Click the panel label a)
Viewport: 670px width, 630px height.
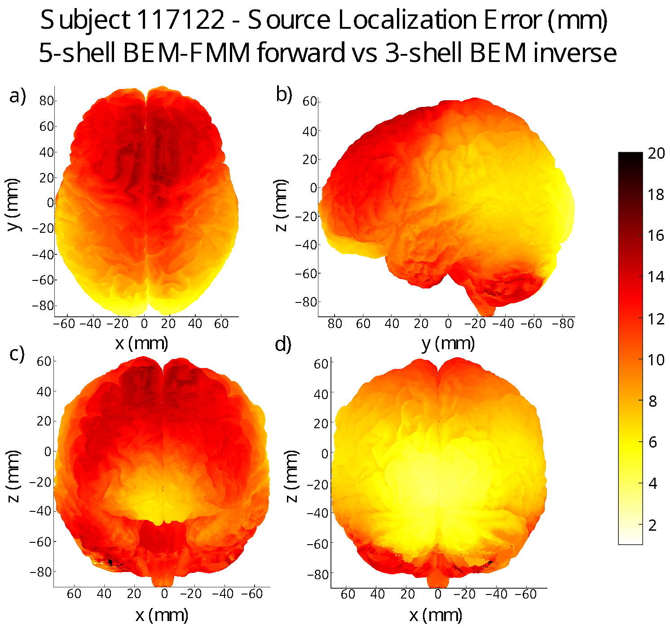click(x=18, y=96)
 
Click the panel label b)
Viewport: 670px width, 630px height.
click(x=284, y=94)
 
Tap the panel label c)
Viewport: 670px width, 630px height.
click(x=17, y=354)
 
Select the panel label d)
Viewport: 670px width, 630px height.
click(x=283, y=345)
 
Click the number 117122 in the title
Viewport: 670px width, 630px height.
click(x=181, y=21)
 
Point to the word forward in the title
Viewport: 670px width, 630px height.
click(x=301, y=53)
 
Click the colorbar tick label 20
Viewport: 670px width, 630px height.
click(x=656, y=154)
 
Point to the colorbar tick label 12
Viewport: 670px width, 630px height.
click(x=656, y=319)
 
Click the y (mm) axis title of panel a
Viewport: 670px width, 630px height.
click(x=14, y=205)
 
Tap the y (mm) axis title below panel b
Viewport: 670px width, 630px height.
click(x=448, y=344)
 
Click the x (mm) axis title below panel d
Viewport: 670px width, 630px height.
click(x=436, y=615)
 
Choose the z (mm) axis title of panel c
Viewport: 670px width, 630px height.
click(x=14, y=476)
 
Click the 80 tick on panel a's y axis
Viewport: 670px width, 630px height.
click(x=46, y=101)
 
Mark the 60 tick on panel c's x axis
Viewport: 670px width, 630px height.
click(x=74, y=594)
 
